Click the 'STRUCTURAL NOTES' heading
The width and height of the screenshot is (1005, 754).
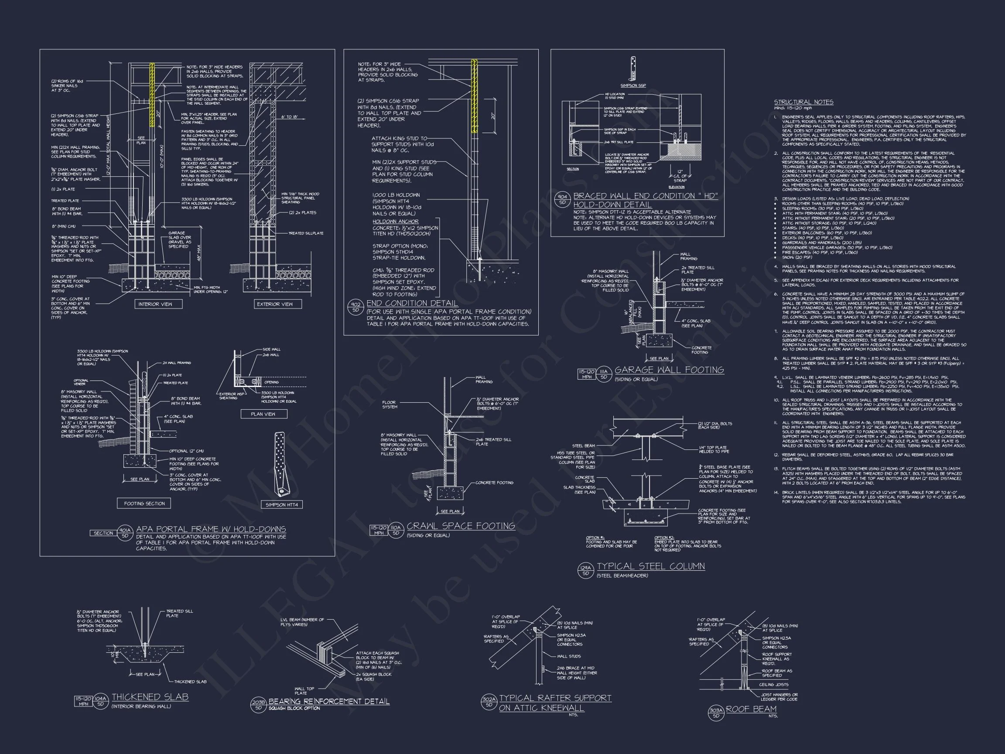(803, 102)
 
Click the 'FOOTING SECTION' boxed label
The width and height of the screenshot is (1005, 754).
(144, 503)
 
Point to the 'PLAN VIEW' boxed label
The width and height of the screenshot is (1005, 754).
(263, 414)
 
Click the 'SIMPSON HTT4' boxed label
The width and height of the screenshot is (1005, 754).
(282, 504)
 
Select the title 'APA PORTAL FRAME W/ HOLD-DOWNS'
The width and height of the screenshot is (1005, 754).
(211, 529)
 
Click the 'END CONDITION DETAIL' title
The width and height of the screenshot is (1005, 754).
(412, 303)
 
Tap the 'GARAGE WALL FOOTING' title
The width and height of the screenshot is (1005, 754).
(669, 370)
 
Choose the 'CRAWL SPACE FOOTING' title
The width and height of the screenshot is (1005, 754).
(461, 526)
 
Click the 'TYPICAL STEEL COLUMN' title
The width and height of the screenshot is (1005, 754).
(651, 566)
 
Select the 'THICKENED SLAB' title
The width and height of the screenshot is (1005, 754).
(150, 697)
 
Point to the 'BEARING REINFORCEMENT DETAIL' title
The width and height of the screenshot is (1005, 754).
(329, 701)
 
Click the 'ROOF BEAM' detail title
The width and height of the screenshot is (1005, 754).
(752, 709)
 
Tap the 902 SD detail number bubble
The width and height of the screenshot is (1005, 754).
(356, 307)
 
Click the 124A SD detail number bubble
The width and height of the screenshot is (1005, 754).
(586, 570)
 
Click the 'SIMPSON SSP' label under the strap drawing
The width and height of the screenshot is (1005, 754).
(633, 86)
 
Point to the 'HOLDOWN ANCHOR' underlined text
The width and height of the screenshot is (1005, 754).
(395, 222)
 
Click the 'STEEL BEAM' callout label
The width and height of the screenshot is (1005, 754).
(583, 446)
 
